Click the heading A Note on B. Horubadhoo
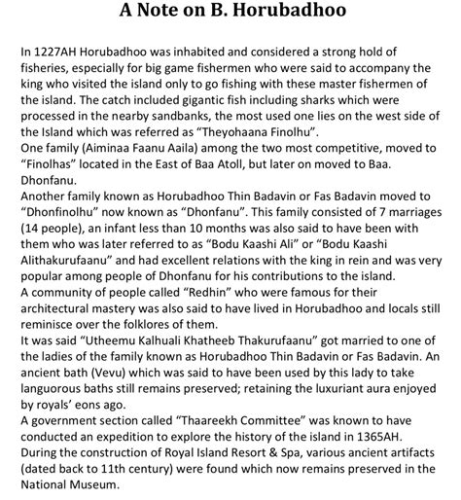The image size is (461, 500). pyautogui.click(x=230, y=13)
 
